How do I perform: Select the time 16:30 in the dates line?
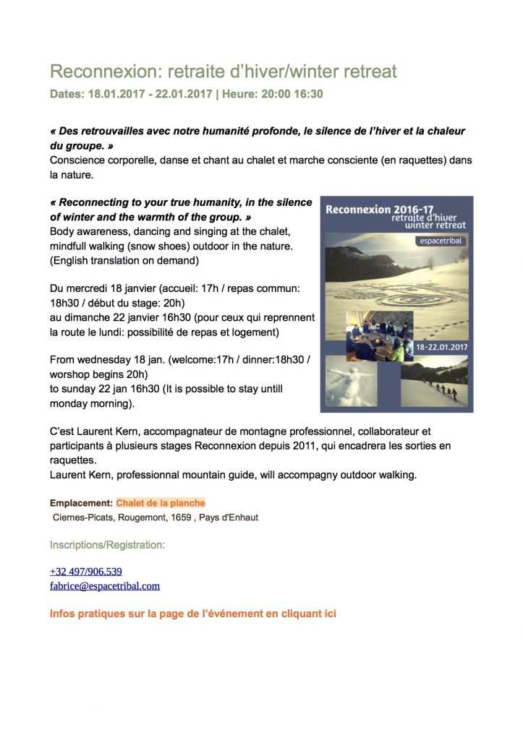click(x=307, y=94)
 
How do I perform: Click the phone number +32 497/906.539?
click(x=85, y=571)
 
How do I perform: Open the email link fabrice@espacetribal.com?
click(x=104, y=586)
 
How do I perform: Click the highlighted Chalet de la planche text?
click(x=161, y=503)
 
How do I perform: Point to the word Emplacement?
click(x=81, y=503)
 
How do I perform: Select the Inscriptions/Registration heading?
click(x=107, y=544)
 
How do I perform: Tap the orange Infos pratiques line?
click(x=192, y=614)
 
